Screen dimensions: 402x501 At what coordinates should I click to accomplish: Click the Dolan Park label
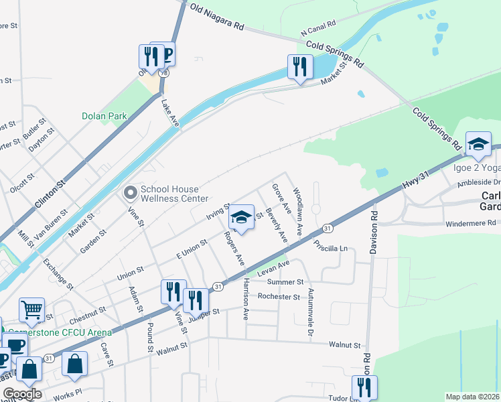pos(104,116)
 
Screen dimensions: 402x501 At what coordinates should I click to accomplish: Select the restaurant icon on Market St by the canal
pos(299,67)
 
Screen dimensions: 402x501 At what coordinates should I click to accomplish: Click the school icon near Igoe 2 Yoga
pos(478,143)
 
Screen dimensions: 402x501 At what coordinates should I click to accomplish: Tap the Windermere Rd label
pos(472,223)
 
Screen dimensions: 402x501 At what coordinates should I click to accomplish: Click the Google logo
pos(22,394)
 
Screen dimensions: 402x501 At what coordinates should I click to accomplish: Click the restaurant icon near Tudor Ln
pos(364,387)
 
